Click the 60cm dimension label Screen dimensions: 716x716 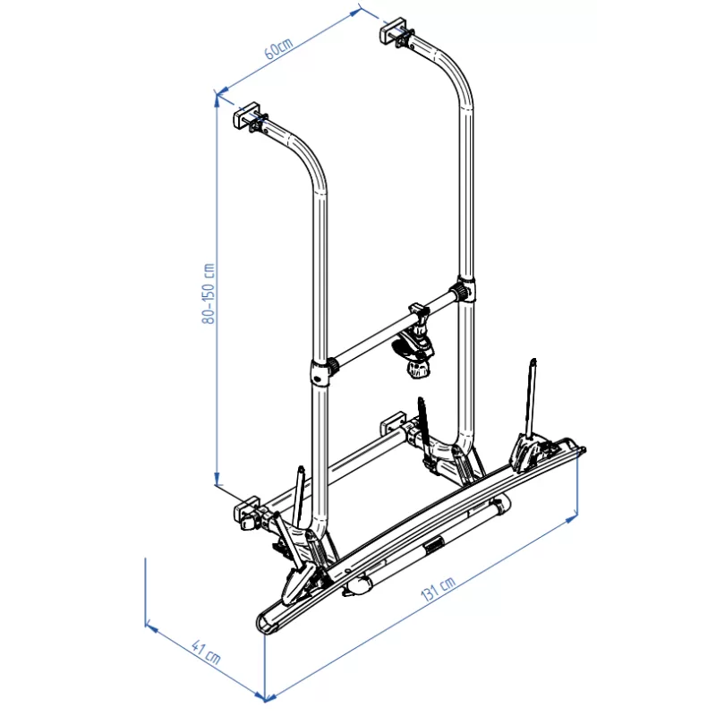tap(278, 47)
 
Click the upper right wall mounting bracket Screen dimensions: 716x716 tap(395, 31)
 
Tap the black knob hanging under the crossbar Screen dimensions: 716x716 tap(416, 367)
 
